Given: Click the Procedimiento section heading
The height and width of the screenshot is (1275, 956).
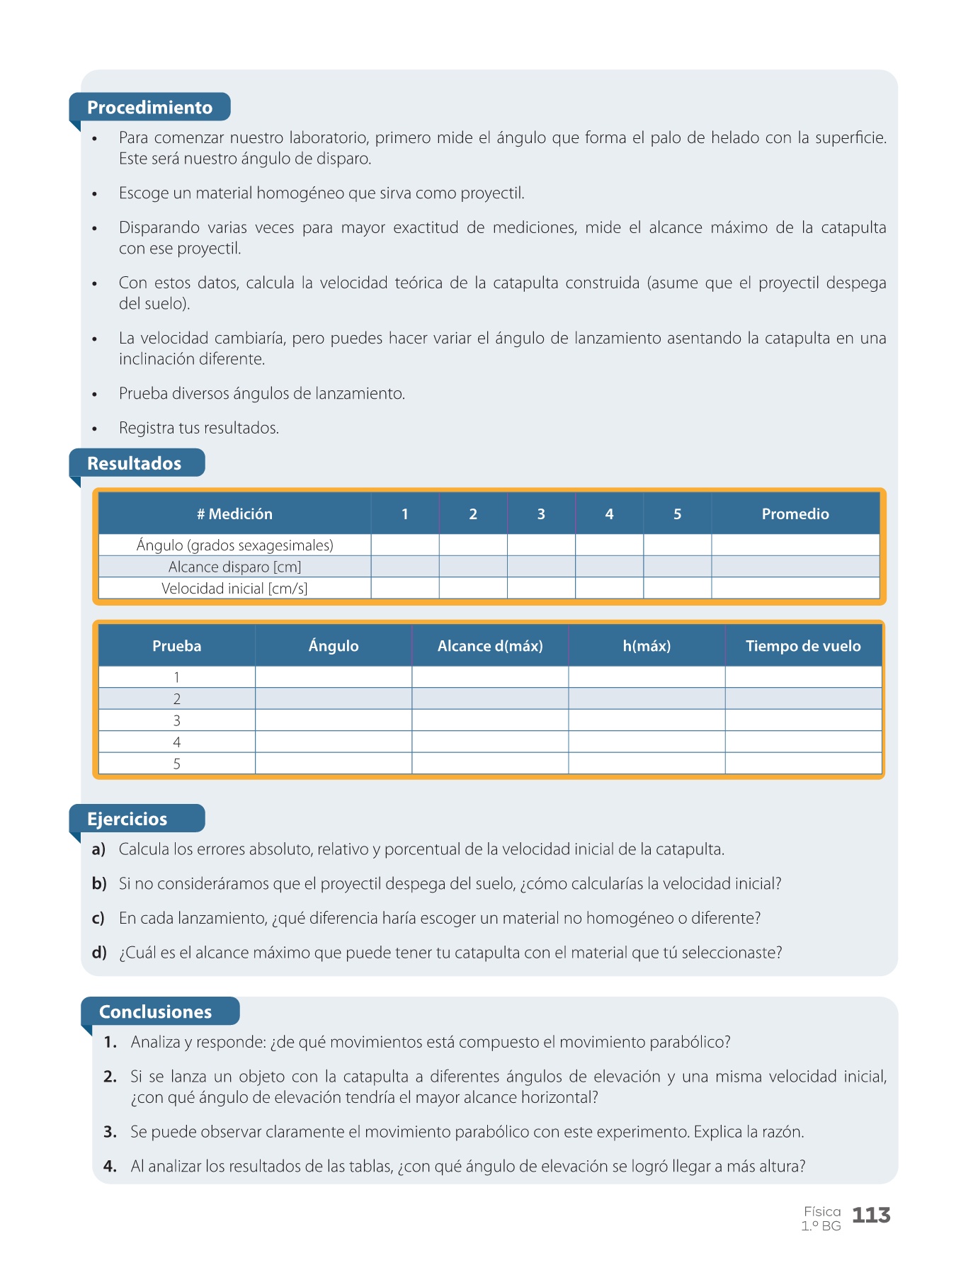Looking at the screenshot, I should click(149, 108).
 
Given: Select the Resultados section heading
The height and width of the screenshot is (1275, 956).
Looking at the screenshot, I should click(134, 463).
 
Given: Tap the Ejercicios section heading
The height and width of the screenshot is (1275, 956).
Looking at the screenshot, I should click(127, 819).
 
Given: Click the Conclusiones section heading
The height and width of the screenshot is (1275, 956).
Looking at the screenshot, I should click(155, 1011).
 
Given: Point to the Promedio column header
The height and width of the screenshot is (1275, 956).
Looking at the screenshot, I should click(795, 514).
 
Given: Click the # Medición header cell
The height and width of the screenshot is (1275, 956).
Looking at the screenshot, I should click(234, 514).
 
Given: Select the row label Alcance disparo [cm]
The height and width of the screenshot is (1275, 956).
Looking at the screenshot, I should click(234, 567).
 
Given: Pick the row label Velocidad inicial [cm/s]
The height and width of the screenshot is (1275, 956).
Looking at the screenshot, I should click(234, 589).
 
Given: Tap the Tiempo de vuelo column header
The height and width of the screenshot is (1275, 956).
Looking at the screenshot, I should click(803, 646).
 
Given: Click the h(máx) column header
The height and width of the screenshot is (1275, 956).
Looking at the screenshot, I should click(647, 646).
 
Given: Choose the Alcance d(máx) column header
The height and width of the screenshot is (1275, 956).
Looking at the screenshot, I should click(490, 646).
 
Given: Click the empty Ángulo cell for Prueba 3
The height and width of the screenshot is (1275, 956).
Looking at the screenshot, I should click(334, 720).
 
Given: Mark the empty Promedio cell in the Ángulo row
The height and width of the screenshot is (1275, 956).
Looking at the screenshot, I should click(795, 545).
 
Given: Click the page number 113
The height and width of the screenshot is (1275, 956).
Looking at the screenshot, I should click(871, 1215).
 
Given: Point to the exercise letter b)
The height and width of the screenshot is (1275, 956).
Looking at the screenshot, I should click(99, 884).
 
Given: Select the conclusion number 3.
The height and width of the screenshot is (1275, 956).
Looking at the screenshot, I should click(110, 1132).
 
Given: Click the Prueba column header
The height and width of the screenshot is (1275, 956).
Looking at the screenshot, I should click(177, 646).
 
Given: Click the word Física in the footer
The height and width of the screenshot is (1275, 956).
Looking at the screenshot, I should click(822, 1212).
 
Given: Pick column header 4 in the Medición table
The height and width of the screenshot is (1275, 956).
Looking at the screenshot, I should click(609, 514).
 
